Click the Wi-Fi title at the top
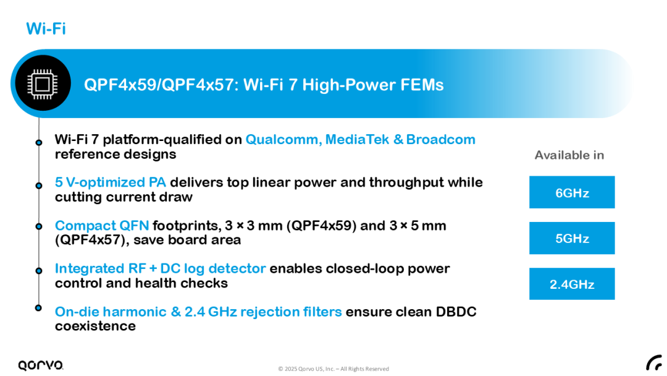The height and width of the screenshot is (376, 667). [x=46, y=28]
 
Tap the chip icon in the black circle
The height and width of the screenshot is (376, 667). [x=43, y=84]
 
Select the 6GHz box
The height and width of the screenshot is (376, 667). [x=572, y=192]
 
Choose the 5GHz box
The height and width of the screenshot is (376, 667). [x=572, y=238]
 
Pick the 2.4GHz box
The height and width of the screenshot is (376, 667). [x=572, y=284]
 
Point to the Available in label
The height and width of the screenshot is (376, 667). [x=569, y=155]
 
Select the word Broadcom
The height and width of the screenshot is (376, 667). [x=441, y=140]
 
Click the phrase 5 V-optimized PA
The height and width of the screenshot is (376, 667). [x=110, y=182]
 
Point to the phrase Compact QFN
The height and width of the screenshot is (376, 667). [x=102, y=225]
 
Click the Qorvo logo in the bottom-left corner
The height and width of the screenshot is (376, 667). [x=41, y=365]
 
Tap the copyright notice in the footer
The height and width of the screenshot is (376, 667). [x=333, y=369]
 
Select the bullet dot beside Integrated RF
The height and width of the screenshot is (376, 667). [x=39, y=270]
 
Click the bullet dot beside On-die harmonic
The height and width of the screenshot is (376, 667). [x=38, y=307]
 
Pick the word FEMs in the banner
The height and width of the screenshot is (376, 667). [x=422, y=85]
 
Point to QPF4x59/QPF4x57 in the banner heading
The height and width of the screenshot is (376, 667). [x=159, y=85]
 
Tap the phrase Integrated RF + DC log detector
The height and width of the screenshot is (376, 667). [x=161, y=268]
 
